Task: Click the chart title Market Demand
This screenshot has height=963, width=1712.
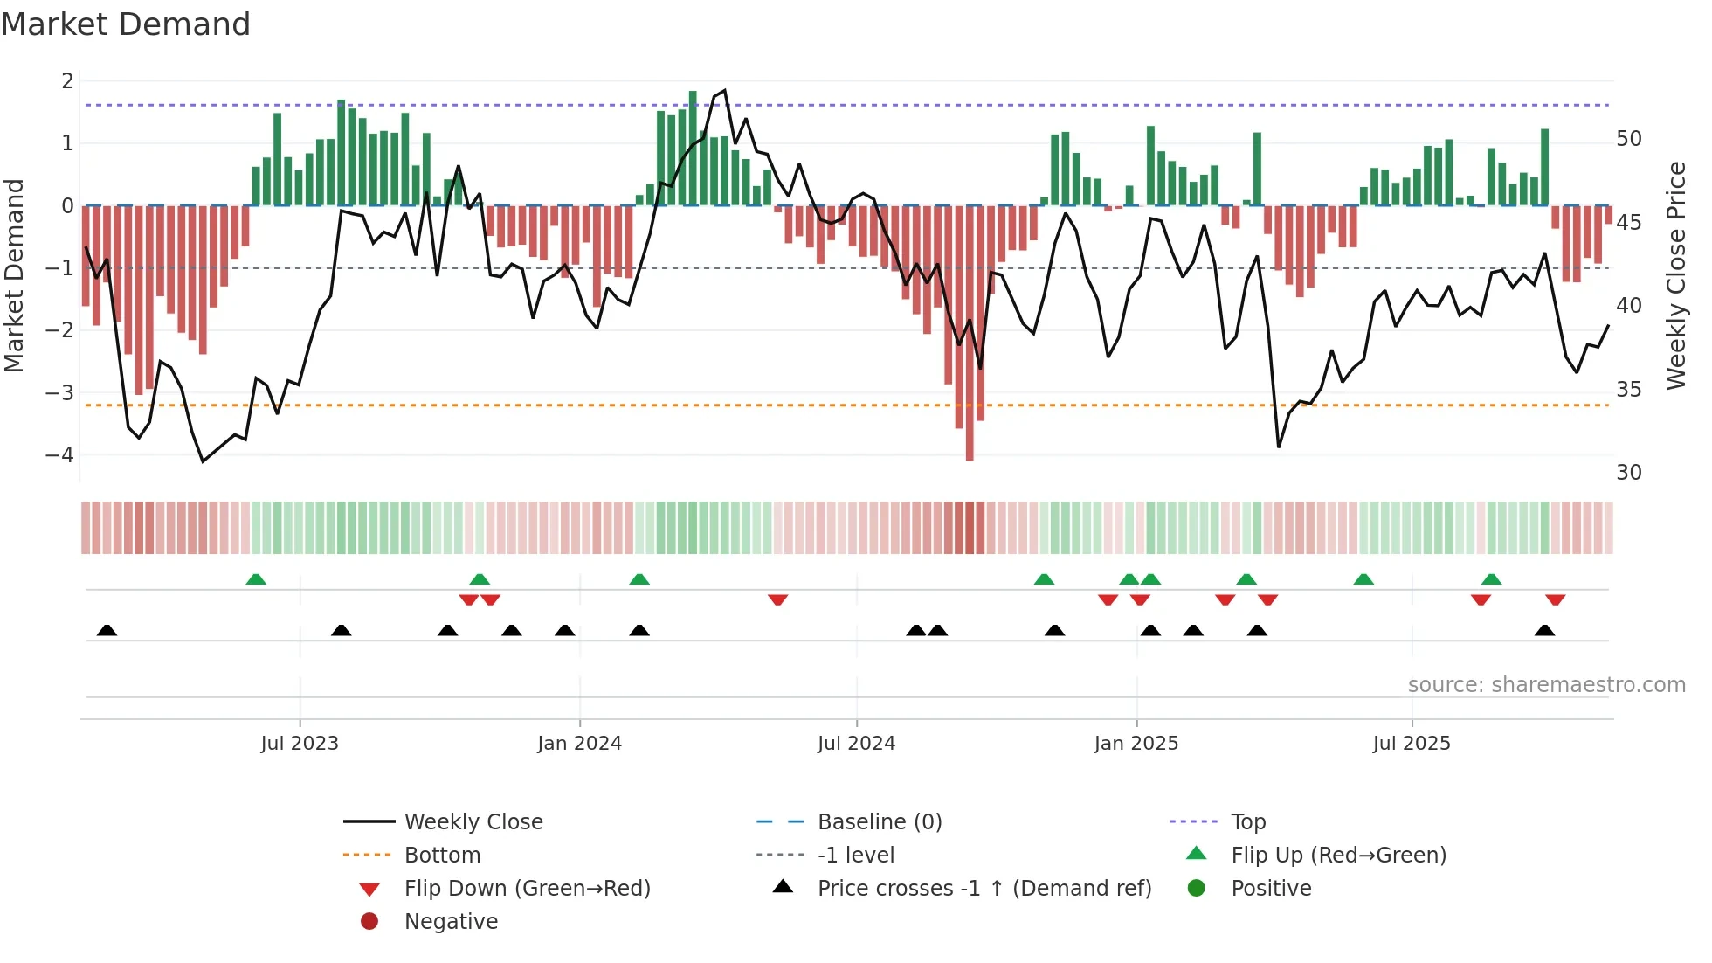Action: (126, 24)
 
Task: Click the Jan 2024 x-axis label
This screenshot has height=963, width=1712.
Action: (579, 744)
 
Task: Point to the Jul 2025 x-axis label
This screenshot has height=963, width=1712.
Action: (1411, 744)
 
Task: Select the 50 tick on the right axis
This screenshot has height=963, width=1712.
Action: (1628, 139)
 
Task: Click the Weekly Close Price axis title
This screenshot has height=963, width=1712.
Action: (1675, 275)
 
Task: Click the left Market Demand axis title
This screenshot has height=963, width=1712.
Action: (14, 275)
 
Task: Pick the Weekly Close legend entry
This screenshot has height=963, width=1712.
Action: (473, 822)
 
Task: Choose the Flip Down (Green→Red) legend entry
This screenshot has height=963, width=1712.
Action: (527, 889)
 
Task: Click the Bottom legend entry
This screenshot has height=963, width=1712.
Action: (442, 856)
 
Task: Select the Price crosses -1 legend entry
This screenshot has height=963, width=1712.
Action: (984, 889)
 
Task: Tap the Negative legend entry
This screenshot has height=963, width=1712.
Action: (451, 922)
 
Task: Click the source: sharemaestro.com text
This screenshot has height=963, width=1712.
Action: (1546, 685)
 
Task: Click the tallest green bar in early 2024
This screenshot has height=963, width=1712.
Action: (693, 149)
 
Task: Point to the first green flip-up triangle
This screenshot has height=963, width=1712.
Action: (256, 579)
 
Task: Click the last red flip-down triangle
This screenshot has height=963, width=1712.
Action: (1555, 599)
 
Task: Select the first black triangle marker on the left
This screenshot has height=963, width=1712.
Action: (107, 630)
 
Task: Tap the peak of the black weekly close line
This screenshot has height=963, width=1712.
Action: (724, 90)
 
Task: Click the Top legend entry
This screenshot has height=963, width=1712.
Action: (1247, 822)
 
